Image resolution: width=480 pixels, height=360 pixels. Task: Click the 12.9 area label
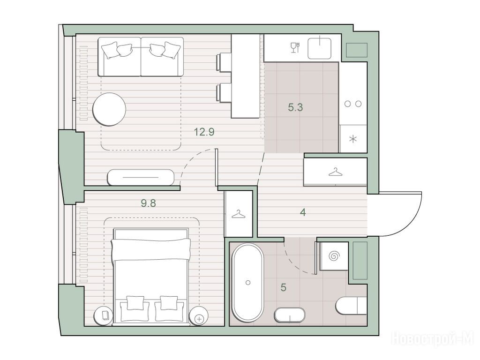(204, 132)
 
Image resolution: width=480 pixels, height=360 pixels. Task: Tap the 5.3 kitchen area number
(295, 107)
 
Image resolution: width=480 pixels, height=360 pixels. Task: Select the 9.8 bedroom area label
(149, 203)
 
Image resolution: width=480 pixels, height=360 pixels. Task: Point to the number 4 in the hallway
(303, 212)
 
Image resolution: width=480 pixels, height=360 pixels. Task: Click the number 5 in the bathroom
(284, 287)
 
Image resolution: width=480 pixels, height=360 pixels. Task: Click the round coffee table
(109, 109)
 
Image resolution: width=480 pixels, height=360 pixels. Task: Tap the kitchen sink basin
(319, 48)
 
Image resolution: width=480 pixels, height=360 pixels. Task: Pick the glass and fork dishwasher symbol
(295, 48)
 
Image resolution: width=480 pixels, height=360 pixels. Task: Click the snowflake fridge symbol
(353, 139)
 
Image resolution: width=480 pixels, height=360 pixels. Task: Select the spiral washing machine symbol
(334, 256)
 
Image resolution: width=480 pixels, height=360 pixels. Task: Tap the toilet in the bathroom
(351, 306)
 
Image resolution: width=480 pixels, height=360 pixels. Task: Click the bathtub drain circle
(248, 283)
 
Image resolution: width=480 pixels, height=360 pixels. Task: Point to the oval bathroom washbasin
(290, 315)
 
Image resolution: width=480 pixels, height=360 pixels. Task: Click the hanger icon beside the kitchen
(336, 172)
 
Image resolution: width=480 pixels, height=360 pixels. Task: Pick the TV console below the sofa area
(141, 177)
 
